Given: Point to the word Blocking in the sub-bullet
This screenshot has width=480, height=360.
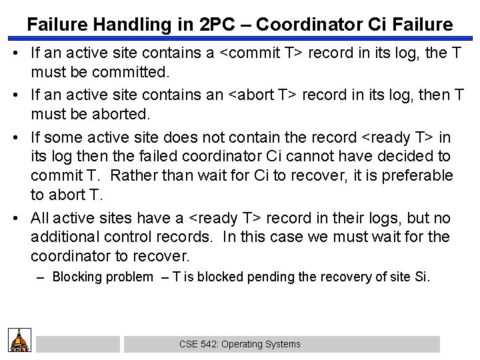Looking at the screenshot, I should (x=78, y=276).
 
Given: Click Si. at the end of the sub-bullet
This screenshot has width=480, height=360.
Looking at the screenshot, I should (x=422, y=276).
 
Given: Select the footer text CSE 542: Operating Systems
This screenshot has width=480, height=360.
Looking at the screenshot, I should (x=239, y=344).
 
